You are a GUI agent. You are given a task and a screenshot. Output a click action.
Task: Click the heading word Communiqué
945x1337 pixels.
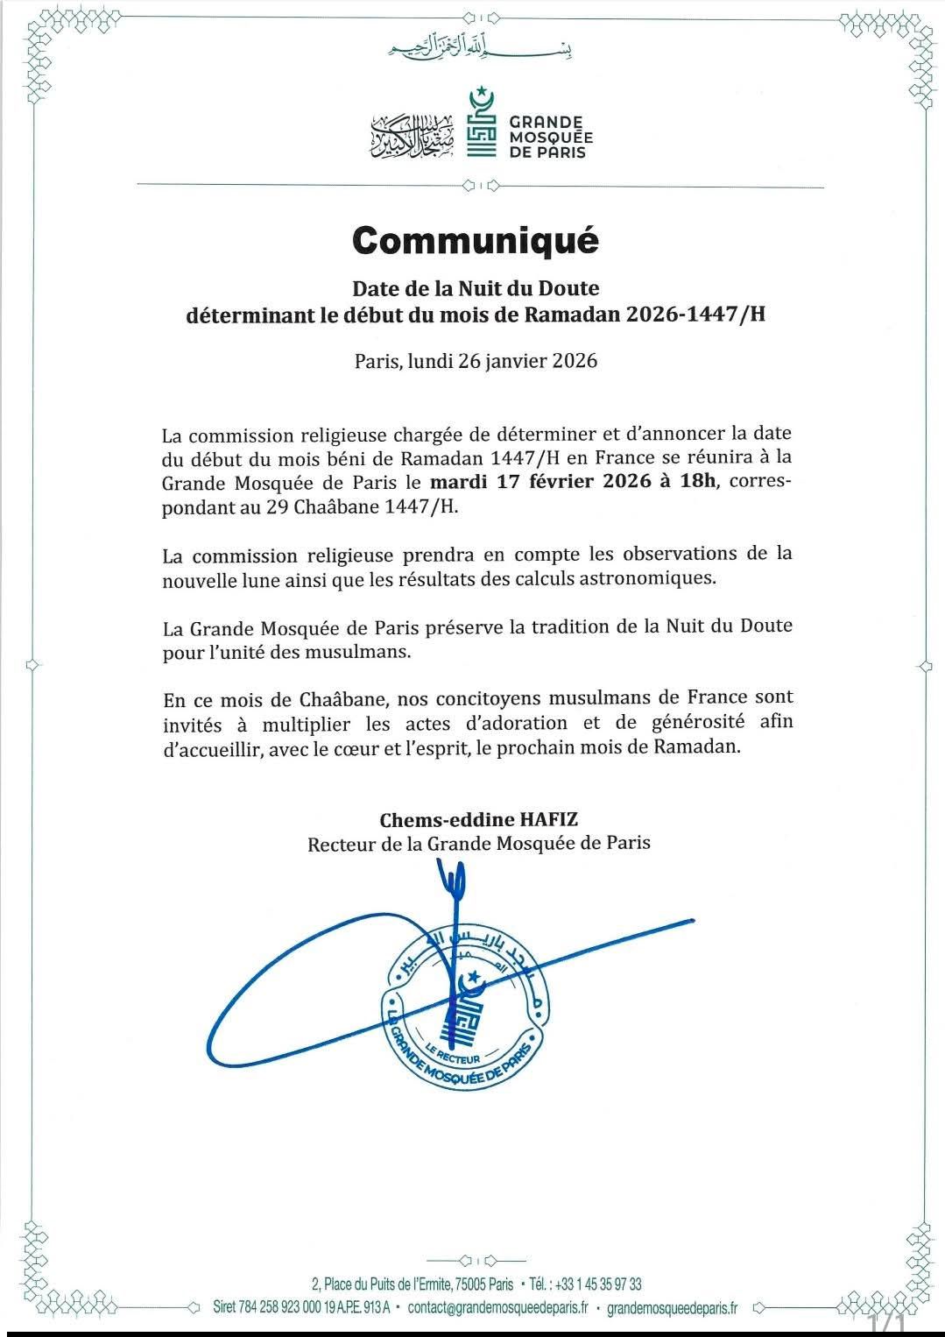point(475,239)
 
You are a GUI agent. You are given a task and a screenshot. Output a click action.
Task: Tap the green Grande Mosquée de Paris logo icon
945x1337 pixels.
point(481,123)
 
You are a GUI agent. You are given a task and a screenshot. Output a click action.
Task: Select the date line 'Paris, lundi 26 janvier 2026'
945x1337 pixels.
point(476,361)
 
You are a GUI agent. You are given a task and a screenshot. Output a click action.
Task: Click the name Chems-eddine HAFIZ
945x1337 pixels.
point(479,820)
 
